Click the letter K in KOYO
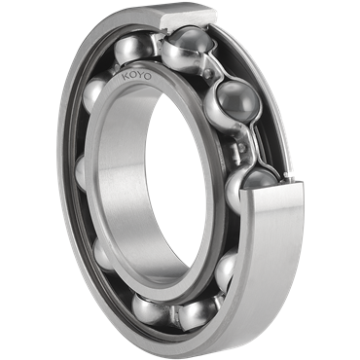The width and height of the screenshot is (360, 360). coord(125,77)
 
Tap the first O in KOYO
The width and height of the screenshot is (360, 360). coord(132,76)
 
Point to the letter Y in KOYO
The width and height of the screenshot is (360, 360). coord(139,76)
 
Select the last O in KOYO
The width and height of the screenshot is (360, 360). coord(147,77)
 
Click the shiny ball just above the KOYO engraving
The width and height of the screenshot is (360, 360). coord(133,49)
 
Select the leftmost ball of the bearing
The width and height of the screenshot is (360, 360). coord(81,172)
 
